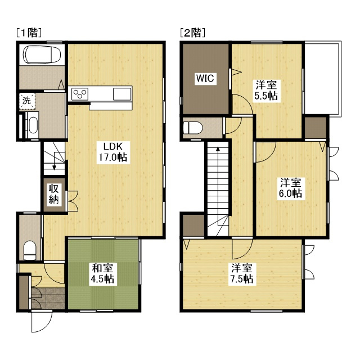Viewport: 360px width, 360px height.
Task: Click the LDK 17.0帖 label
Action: tap(113, 152)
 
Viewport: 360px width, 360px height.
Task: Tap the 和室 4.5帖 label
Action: tap(102, 273)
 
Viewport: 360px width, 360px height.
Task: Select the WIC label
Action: tap(205, 78)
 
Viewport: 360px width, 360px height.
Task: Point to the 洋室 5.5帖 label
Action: tap(266, 90)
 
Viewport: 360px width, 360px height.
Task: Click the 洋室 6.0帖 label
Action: tap(290, 188)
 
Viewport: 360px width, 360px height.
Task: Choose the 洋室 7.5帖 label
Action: tap(241, 273)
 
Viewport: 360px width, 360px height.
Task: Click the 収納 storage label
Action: tap(53, 195)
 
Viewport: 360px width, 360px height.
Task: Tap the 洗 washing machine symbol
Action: tap(27, 101)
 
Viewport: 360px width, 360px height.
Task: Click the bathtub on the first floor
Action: tap(43, 55)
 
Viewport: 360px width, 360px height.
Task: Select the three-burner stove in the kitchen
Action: tap(80, 94)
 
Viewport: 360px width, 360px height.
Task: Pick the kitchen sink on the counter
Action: tap(122, 94)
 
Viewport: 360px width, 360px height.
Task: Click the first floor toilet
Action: tap(30, 250)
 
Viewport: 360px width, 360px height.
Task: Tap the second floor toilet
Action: tap(193, 128)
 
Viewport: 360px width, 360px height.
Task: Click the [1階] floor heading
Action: tap(29, 33)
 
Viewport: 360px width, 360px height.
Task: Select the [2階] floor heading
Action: tap(192, 33)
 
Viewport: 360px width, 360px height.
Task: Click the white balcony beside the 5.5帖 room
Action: tap(323, 78)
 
